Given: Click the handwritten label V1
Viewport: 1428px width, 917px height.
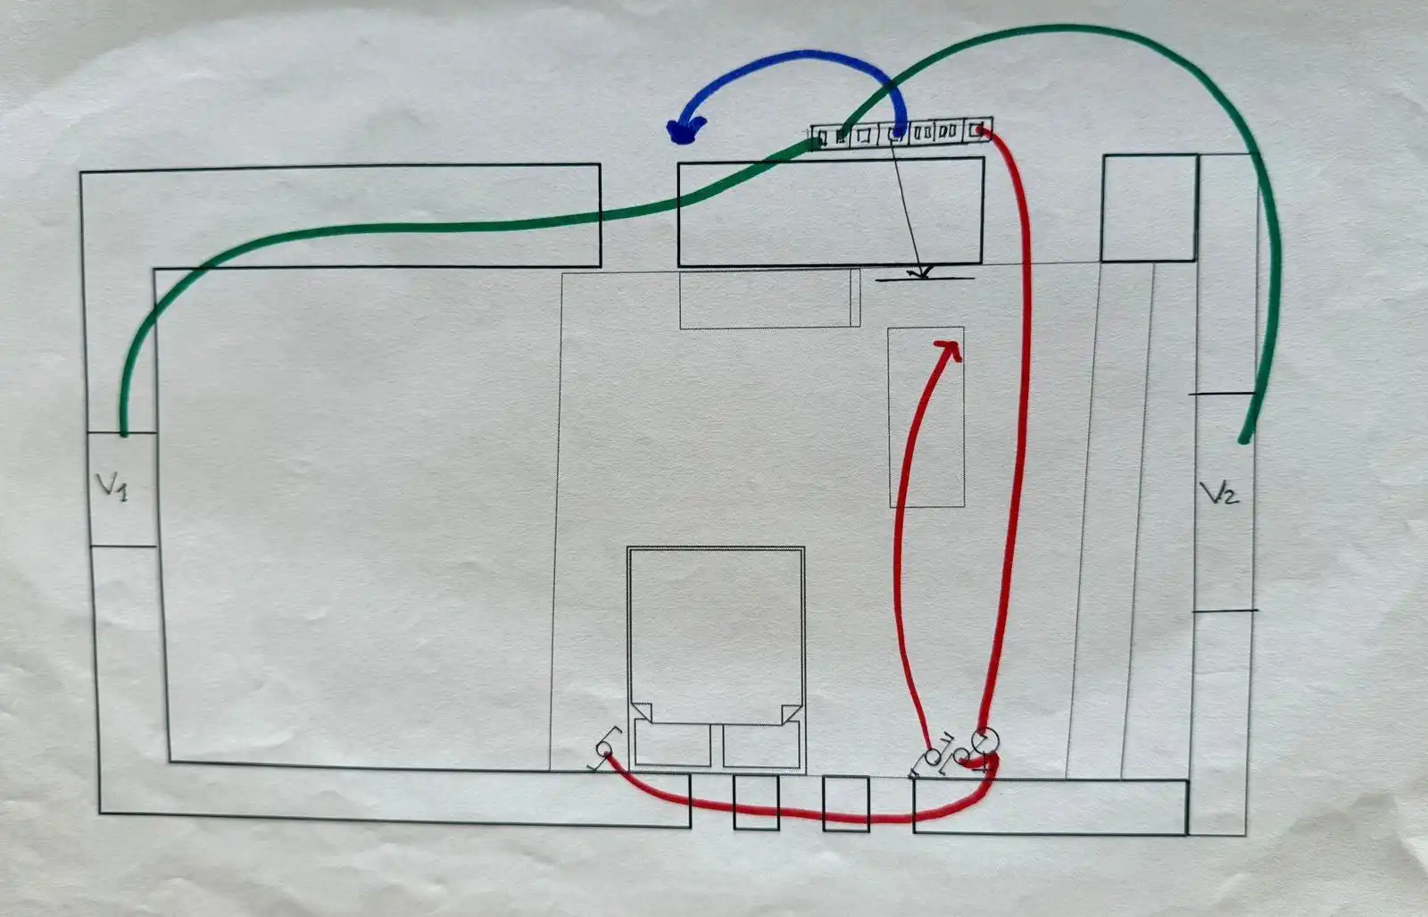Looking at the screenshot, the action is coord(112,488).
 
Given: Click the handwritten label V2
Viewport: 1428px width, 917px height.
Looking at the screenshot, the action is coord(1219,493).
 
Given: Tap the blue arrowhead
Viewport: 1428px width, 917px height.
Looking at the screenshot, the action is coord(685,130).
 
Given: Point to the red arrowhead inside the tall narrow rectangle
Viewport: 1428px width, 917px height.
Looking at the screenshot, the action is coord(949,350).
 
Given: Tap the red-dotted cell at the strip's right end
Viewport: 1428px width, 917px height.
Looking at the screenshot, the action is coord(978,130).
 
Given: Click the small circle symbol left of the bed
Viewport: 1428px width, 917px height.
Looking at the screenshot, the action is coord(603,748).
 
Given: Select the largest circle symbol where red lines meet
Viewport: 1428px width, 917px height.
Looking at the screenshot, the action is coord(985,741).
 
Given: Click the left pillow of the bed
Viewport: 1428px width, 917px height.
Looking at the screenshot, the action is coord(673,744).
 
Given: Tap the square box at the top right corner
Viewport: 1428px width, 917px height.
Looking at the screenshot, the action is coord(1150,208).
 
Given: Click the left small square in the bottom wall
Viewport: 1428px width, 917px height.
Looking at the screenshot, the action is coord(756,802).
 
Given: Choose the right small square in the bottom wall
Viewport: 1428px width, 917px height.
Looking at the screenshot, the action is coord(846,804).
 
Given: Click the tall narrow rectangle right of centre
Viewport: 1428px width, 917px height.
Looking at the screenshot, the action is coord(926,417).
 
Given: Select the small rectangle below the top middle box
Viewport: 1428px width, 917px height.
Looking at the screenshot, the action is coord(769,299).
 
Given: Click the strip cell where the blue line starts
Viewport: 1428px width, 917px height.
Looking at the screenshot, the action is coord(895,133).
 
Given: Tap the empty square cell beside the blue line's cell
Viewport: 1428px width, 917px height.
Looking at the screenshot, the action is coord(865,135).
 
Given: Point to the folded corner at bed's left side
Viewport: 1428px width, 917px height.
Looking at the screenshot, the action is coord(642,711).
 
